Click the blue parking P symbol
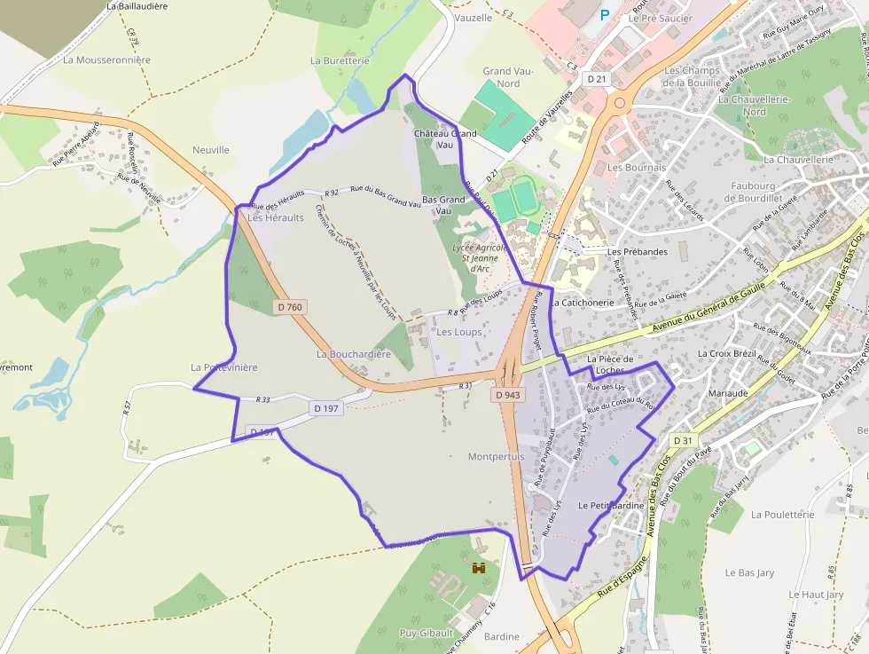pos(605,14)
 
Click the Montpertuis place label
pos(497,456)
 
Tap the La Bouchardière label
pos(354,354)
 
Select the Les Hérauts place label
pos(276,217)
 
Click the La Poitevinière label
pos(223,366)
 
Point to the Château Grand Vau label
pos(445,138)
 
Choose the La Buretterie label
pos(340,60)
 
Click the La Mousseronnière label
pos(107,60)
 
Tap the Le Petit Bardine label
pos(611,505)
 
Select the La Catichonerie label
pos(582,302)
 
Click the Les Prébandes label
pos(638,252)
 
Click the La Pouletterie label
pos(782,514)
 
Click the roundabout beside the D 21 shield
pos(619,103)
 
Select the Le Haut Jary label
pos(816,595)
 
